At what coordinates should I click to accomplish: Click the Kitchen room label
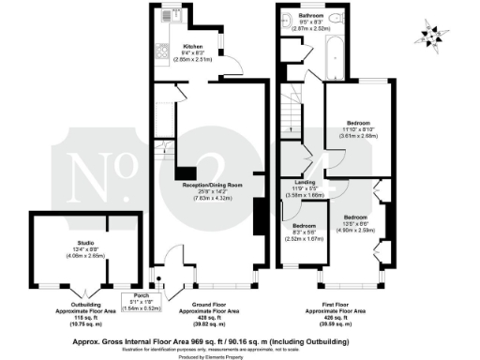[x=192, y=45]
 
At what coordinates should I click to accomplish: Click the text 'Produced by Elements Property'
[x=240, y=353]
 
